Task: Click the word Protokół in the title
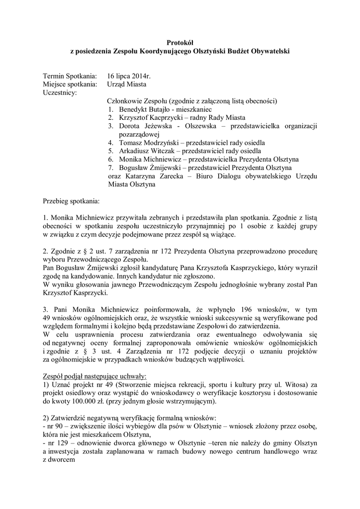[180, 43]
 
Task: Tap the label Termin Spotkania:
[70, 77]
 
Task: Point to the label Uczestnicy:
[60, 92]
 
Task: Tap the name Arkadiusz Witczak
[149, 151]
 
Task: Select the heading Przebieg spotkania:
[71, 202]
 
